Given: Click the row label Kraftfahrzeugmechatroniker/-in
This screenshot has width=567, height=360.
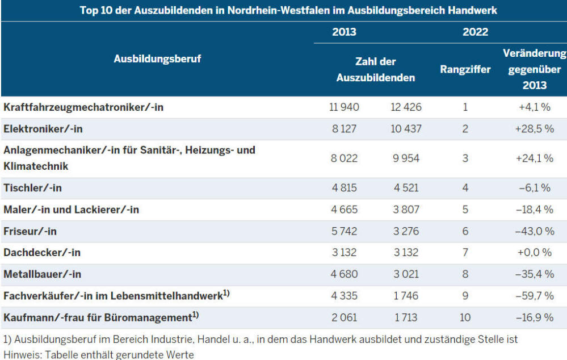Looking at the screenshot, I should (x=83, y=107).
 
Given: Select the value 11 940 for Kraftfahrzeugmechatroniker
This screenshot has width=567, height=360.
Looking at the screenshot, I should (x=344, y=107).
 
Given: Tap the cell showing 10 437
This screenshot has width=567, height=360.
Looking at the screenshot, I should (x=406, y=129).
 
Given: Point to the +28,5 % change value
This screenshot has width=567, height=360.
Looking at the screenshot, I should (x=534, y=129).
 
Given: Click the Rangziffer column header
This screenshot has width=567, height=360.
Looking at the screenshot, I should (x=465, y=70).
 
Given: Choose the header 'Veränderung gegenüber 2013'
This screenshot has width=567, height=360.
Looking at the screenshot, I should (x=534, y=69).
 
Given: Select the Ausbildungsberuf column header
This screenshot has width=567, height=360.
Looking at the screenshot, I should (x=157, y=58).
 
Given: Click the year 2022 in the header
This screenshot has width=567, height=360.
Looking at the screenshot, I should (x=475, y=32).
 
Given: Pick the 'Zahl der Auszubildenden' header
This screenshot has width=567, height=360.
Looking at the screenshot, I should (x=375, y=69).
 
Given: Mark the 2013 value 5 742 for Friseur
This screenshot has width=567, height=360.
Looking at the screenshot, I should (x=344, y=231).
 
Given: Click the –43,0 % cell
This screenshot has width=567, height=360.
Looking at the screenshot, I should (x=534, y=231).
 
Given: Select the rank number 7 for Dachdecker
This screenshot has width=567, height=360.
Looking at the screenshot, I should (x=465, y=253).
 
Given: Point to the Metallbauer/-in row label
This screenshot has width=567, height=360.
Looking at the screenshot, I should (x=43, y=274).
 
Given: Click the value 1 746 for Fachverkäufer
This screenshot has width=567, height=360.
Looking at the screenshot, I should (x=406, y=296).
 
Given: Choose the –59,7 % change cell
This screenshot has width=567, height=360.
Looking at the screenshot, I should (x=534, y=296).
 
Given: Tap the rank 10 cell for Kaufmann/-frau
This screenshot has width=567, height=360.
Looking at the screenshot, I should (x=465, y=317).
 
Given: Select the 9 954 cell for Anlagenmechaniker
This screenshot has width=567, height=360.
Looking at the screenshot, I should (x=406, y=158).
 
